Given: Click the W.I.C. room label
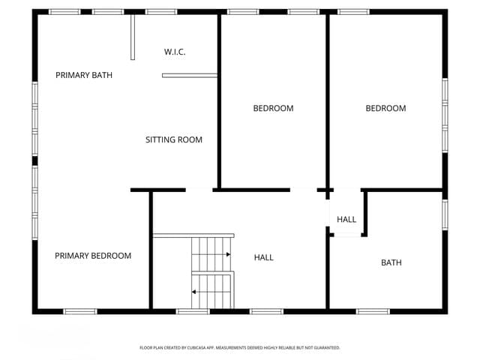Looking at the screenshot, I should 175,52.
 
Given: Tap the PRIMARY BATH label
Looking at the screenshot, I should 84,75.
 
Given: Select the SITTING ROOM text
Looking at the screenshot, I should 174,139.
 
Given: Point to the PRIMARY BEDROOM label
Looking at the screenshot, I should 93,256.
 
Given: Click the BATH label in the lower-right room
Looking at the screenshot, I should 391,262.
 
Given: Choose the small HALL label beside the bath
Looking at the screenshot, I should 346,219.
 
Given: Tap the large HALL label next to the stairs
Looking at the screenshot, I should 264,257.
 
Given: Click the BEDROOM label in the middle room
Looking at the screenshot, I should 273,108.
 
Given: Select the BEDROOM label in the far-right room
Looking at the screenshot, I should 385,108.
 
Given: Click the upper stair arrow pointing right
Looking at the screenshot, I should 226,255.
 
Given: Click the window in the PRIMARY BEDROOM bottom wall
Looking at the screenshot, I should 80,310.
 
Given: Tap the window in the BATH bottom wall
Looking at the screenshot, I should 373,310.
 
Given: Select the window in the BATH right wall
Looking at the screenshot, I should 445,213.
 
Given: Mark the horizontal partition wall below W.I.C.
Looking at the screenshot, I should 190,75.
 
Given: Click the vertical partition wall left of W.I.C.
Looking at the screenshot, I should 133,36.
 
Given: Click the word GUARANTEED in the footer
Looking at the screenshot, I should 324,348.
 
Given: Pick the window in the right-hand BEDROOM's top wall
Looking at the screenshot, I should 353,12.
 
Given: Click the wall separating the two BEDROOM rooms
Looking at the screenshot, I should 328,101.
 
